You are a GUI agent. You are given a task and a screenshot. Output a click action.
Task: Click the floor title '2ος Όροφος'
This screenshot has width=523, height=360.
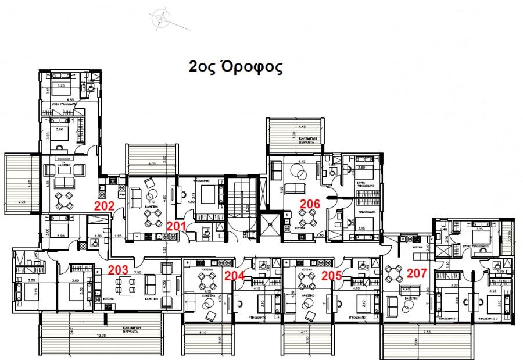click(x=236, y=67)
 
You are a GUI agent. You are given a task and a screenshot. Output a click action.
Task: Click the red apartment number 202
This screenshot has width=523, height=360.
click(x=104, y=205)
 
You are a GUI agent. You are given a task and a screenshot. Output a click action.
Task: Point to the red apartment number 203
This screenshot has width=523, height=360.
click(x=118, y=270)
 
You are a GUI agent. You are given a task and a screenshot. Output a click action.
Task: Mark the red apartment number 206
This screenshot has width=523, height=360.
click(x=310, y=203)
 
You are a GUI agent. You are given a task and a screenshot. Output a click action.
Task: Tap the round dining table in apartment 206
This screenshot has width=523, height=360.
click(x=307, y=219)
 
